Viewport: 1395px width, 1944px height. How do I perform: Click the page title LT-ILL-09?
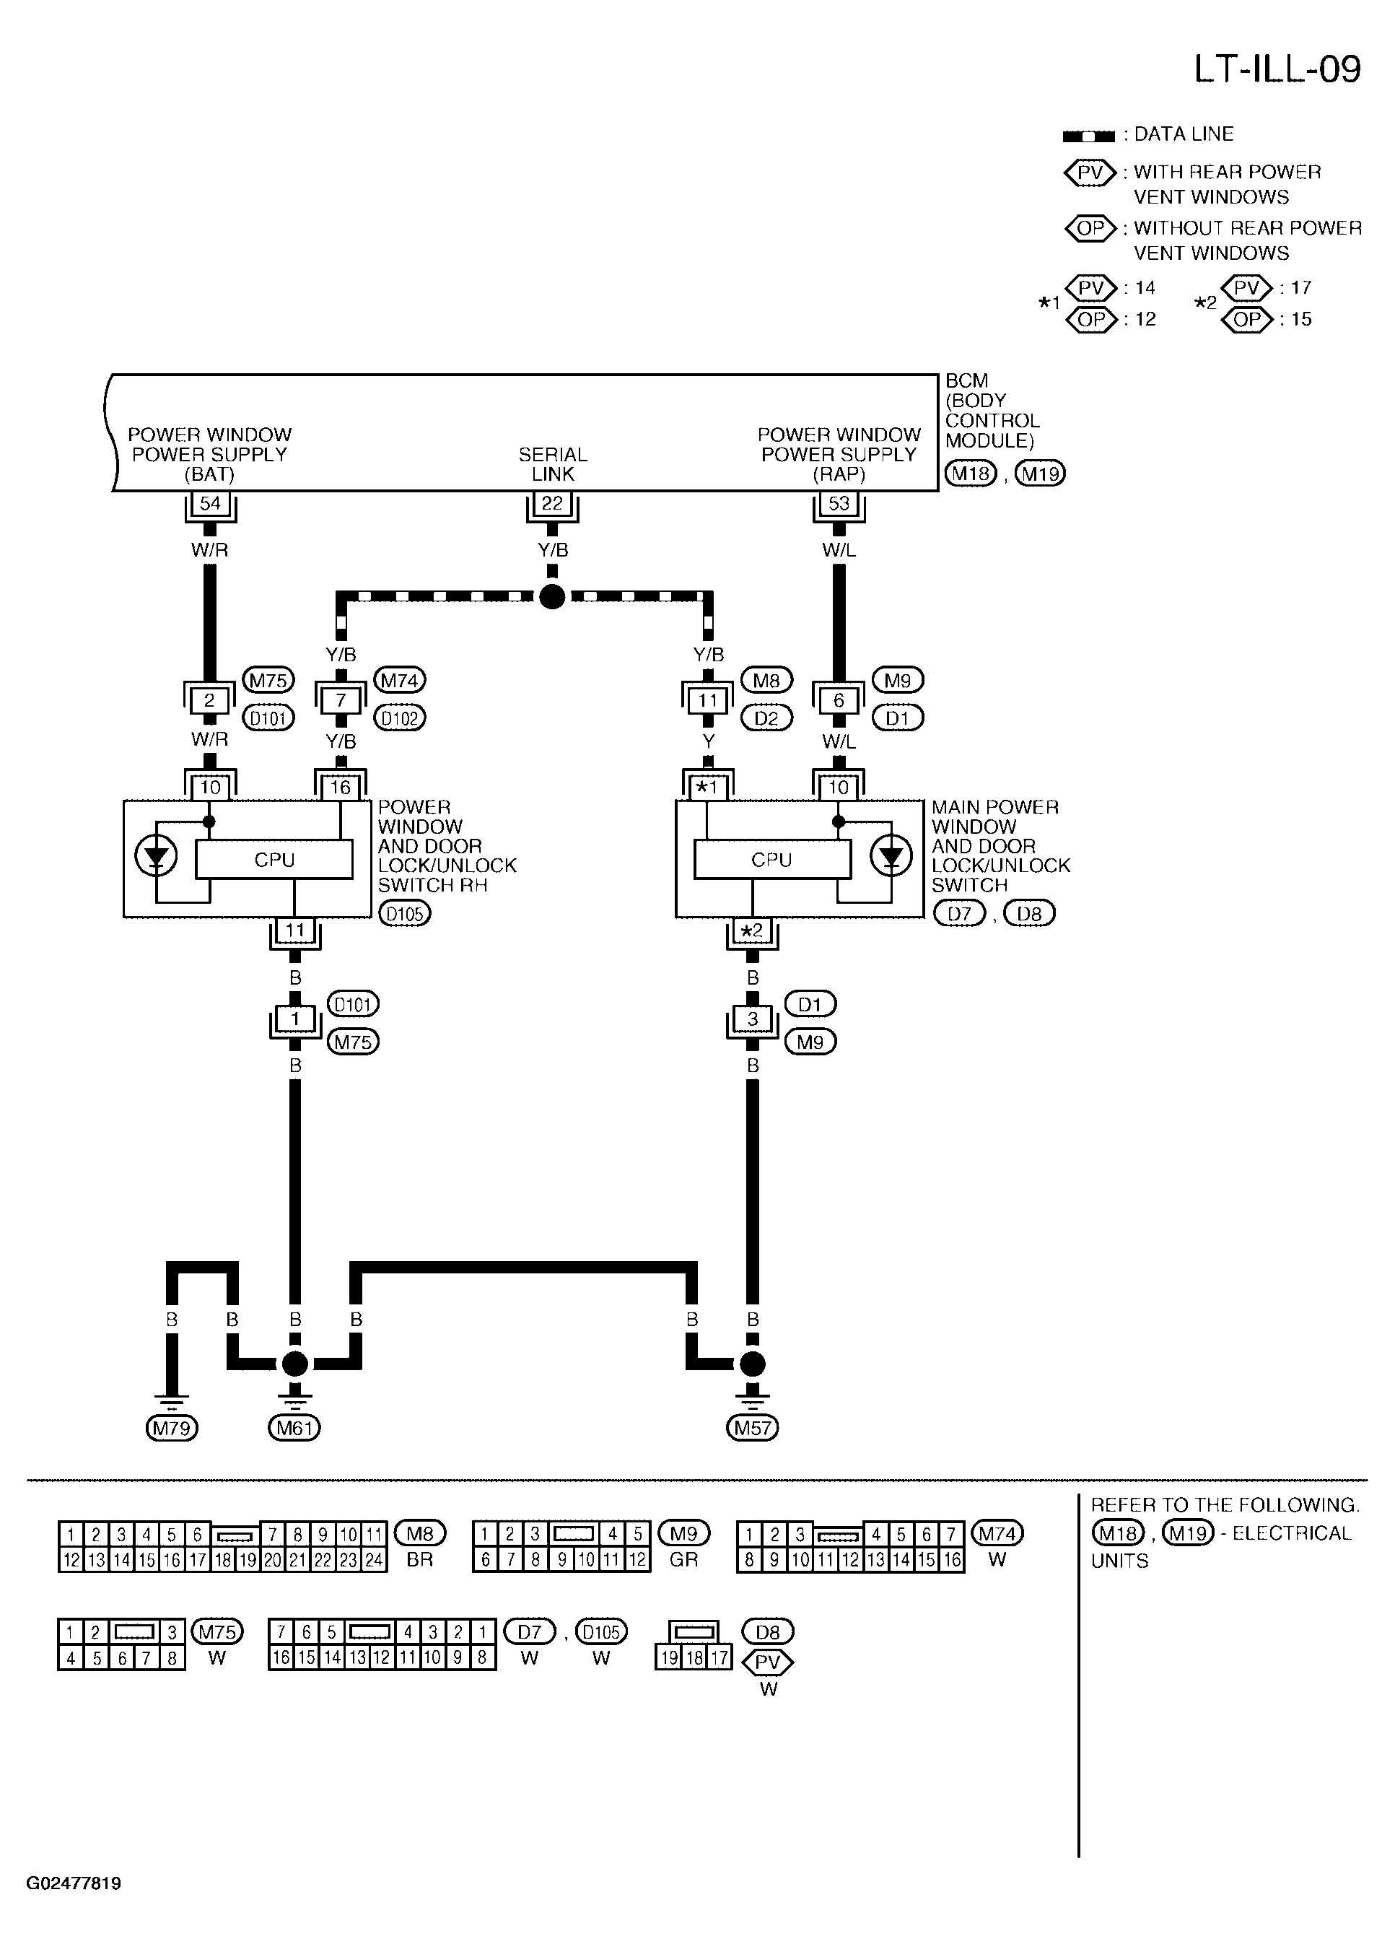point(1277,69)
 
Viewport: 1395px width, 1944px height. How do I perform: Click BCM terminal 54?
point(210,503)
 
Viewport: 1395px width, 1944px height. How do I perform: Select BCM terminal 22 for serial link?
point(553,503)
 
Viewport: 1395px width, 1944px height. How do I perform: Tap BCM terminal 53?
point(839,503)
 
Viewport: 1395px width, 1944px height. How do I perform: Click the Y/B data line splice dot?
point(553,596)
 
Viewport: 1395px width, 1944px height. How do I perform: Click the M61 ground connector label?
point(294,1428)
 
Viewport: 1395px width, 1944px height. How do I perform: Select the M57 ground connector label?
point(752,1428)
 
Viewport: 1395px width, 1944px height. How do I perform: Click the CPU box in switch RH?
point(274,860)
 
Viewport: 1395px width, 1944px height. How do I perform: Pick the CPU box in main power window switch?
point(772,860)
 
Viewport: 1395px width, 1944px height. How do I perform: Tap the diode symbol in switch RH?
point(156,855)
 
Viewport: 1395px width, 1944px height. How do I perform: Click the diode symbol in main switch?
point(891,855)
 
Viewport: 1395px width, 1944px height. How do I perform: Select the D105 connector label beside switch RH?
point(404,914)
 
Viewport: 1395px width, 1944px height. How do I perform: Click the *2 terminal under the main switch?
point(752,930)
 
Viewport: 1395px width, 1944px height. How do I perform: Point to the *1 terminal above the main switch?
point(707,787)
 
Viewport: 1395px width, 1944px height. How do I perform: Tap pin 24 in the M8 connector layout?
point(375,1560)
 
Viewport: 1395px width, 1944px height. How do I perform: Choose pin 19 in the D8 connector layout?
point(669,1657)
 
